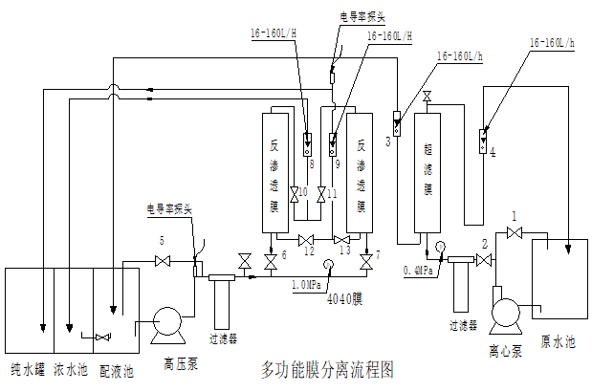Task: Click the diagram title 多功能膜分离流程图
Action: (327, 368)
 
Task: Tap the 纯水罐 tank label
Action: (28, 368)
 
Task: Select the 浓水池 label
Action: (70, 368)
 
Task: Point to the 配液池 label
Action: (117, 368)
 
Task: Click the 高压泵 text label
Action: (180, 362)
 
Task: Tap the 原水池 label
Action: (559, 340)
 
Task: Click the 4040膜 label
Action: (345, 296)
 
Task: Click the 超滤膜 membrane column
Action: (427, 173)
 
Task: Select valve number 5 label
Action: (163, 240)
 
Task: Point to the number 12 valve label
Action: (308, 250)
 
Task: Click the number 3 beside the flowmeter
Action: (387, 142)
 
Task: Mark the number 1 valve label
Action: (514, 216)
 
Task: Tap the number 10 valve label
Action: (302, 192)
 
